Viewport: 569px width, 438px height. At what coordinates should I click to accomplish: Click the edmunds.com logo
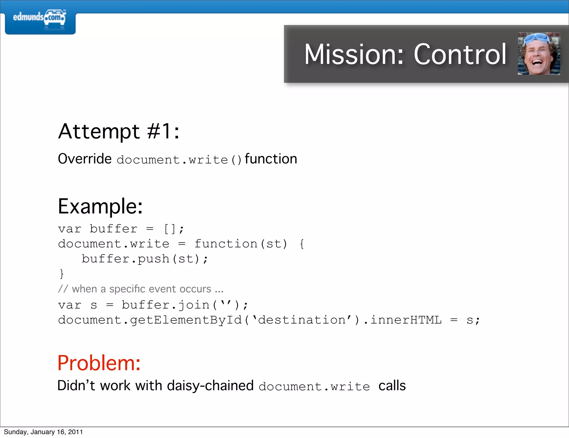(x=39, y=18)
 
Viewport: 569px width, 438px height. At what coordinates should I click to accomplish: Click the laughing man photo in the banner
(x=539, y=54)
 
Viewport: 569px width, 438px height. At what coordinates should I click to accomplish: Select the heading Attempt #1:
(x=119, y=131)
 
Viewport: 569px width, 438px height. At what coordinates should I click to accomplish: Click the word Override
(x=85, y=159)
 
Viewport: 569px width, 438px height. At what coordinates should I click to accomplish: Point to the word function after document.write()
(x=271, y=159)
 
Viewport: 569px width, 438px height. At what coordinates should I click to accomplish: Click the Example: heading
(x=100, y=206)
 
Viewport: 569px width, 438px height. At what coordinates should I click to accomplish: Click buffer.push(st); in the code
(x=144, y=259)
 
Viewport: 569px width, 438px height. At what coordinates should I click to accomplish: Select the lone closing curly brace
(x=62, y=274)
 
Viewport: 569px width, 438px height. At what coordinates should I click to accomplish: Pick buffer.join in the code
(x=166, y=305)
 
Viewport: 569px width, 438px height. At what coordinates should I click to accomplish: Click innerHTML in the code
(x=406, y=320)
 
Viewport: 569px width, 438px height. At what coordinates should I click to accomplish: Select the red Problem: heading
(x=99, y=363)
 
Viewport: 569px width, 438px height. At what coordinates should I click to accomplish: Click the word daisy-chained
(x=210, y=386)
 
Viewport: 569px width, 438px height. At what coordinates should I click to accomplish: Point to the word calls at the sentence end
(x=392, y=386)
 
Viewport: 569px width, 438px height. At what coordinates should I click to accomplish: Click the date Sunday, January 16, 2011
(x=43, y=432)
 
